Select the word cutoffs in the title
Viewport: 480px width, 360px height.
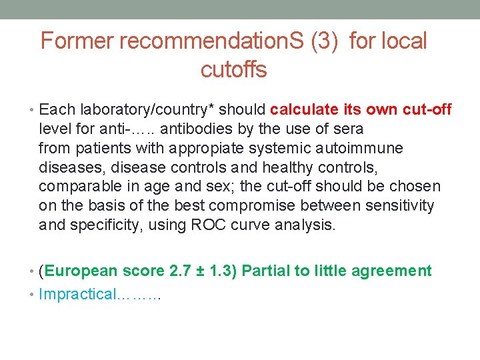233,69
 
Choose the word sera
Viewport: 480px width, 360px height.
349,128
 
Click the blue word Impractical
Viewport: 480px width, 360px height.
77,294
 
